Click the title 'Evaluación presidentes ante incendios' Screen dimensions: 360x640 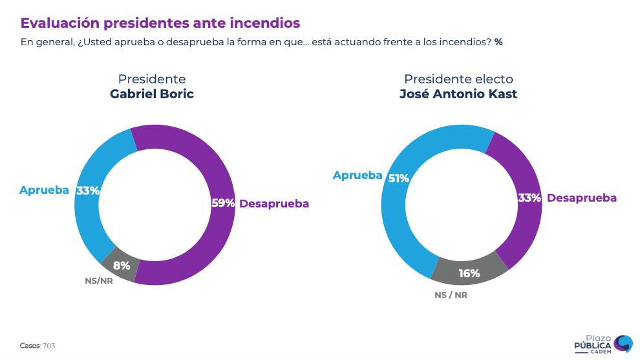[160, 23]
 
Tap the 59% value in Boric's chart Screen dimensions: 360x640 [223, 203]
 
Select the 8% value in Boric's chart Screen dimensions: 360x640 [122, 265]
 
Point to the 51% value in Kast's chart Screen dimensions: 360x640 [398, 178]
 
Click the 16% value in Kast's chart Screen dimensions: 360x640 [469, 273]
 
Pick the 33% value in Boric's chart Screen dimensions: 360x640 [88, 191]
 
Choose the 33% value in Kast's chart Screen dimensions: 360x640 [529, 198]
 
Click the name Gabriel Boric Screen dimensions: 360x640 [152, 94]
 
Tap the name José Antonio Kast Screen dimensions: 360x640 [458, 94]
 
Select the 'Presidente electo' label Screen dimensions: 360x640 [458, 79]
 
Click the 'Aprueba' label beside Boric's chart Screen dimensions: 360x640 [44, 190]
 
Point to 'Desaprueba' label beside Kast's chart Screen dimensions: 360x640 [582, 198]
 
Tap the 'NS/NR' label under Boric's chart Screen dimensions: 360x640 [99, 281]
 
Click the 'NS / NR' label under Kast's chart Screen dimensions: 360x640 [451, 295]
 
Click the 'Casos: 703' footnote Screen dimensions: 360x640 [37, 346]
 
